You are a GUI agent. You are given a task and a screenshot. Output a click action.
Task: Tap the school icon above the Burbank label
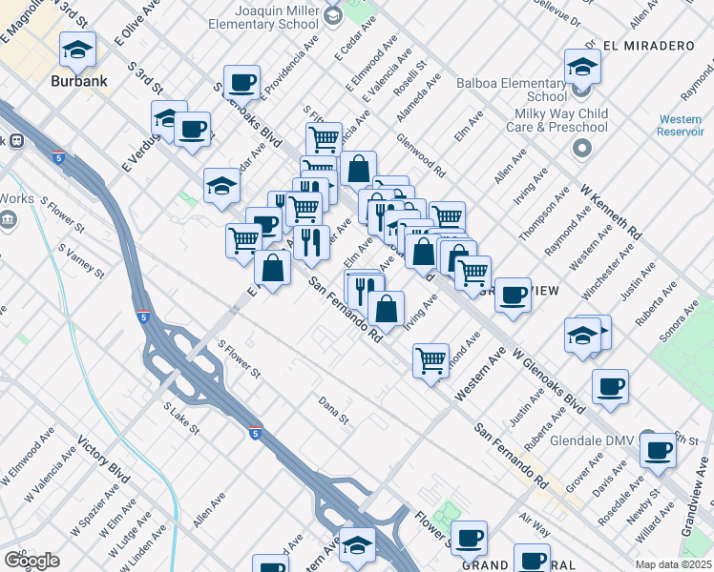[77, 50]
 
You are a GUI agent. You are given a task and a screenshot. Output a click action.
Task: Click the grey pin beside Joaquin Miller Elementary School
[333, 15]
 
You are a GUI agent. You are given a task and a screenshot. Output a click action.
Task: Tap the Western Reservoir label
[681, 124]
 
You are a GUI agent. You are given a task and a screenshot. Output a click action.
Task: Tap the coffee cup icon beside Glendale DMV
[658, 449]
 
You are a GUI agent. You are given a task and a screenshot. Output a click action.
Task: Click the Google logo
[32, 560]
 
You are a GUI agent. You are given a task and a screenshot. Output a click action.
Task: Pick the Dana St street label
[335, 407]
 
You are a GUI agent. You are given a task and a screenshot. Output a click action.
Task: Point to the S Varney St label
[80, 261]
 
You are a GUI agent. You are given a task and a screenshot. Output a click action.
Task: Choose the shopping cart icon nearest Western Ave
[431, 360]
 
